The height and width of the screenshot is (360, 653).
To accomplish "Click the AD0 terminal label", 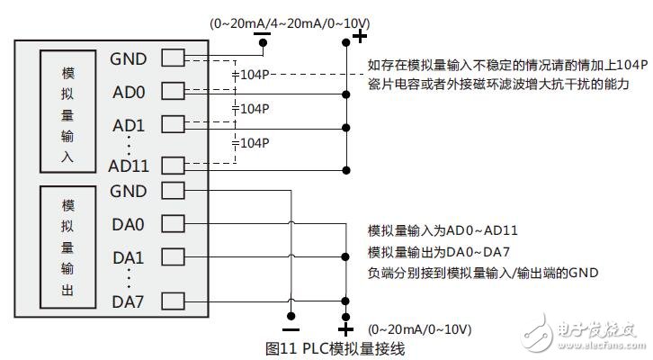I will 128,92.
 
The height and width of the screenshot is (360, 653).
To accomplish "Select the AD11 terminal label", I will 128,166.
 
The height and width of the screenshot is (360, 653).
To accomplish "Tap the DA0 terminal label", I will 128,224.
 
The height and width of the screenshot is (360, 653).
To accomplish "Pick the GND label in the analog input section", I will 128,59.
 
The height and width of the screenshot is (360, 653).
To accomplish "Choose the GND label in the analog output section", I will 128,191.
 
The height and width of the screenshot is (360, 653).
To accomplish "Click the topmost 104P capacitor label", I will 252,76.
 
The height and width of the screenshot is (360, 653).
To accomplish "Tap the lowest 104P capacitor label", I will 252,141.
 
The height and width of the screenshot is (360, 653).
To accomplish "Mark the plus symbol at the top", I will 359,36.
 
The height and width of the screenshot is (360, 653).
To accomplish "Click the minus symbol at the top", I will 262,37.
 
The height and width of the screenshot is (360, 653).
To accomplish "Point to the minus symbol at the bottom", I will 291,316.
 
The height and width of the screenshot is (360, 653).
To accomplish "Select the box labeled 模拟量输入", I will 68,112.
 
